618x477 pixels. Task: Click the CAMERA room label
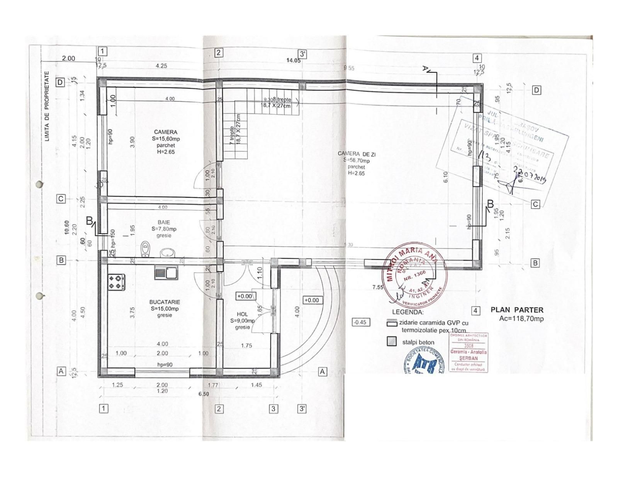coord(166,132)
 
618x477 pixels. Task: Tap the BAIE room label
coord(164,222)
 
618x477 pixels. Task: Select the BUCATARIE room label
coord(165,302)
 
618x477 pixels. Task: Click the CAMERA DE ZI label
coord(356,154)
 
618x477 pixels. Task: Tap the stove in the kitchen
coord(116,282)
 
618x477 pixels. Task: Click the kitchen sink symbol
coord(166,273)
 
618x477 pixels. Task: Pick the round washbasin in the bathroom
coord(167,252)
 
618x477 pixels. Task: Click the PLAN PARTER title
coord(517,310)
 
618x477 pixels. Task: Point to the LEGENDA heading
coord(407,312)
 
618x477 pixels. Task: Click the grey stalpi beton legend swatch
coord(392,342)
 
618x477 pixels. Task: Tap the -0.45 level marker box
coord(360,322)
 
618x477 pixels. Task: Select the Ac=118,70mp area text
coord(521,319)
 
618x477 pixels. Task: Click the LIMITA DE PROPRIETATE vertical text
coord(47,106)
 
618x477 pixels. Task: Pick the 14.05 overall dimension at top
coord(293,60)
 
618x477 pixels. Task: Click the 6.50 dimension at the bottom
coord(204,394)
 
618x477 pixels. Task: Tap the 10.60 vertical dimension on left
coord(66,228)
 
